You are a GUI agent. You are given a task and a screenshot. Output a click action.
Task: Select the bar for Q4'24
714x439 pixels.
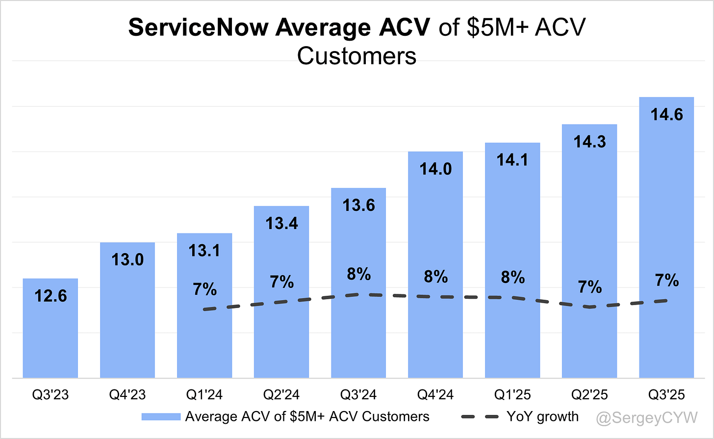(x=435, y=334)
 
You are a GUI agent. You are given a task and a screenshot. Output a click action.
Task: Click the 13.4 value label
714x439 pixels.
(x=282, y=223)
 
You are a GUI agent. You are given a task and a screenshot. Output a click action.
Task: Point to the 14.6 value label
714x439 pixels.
(x=666, y=114)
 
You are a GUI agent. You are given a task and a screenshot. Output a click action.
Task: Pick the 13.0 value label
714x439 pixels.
(x=127, y=259)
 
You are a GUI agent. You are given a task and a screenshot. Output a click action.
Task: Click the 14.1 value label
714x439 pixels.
(x=512, y=160)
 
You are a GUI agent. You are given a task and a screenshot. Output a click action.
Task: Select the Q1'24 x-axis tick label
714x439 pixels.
(x=204, y=394)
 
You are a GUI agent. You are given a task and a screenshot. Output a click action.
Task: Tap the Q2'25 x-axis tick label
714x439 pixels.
(x=589, y=394)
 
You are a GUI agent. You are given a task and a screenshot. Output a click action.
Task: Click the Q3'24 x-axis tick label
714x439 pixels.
(x=358, y=394)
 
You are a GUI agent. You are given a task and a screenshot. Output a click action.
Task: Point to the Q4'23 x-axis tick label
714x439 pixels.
(x=127, y=394)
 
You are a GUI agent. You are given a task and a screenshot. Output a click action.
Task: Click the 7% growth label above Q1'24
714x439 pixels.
(x=204, y=289)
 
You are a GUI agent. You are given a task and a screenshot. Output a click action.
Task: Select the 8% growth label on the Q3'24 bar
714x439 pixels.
(x=358, y=274)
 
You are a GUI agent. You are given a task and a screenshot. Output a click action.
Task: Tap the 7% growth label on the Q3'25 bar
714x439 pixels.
(x=666, y=281)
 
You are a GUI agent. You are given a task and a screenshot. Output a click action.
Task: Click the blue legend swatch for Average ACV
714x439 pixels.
(x=161, y=417)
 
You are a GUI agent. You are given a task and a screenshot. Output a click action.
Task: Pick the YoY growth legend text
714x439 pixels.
(x=542, y=417)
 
